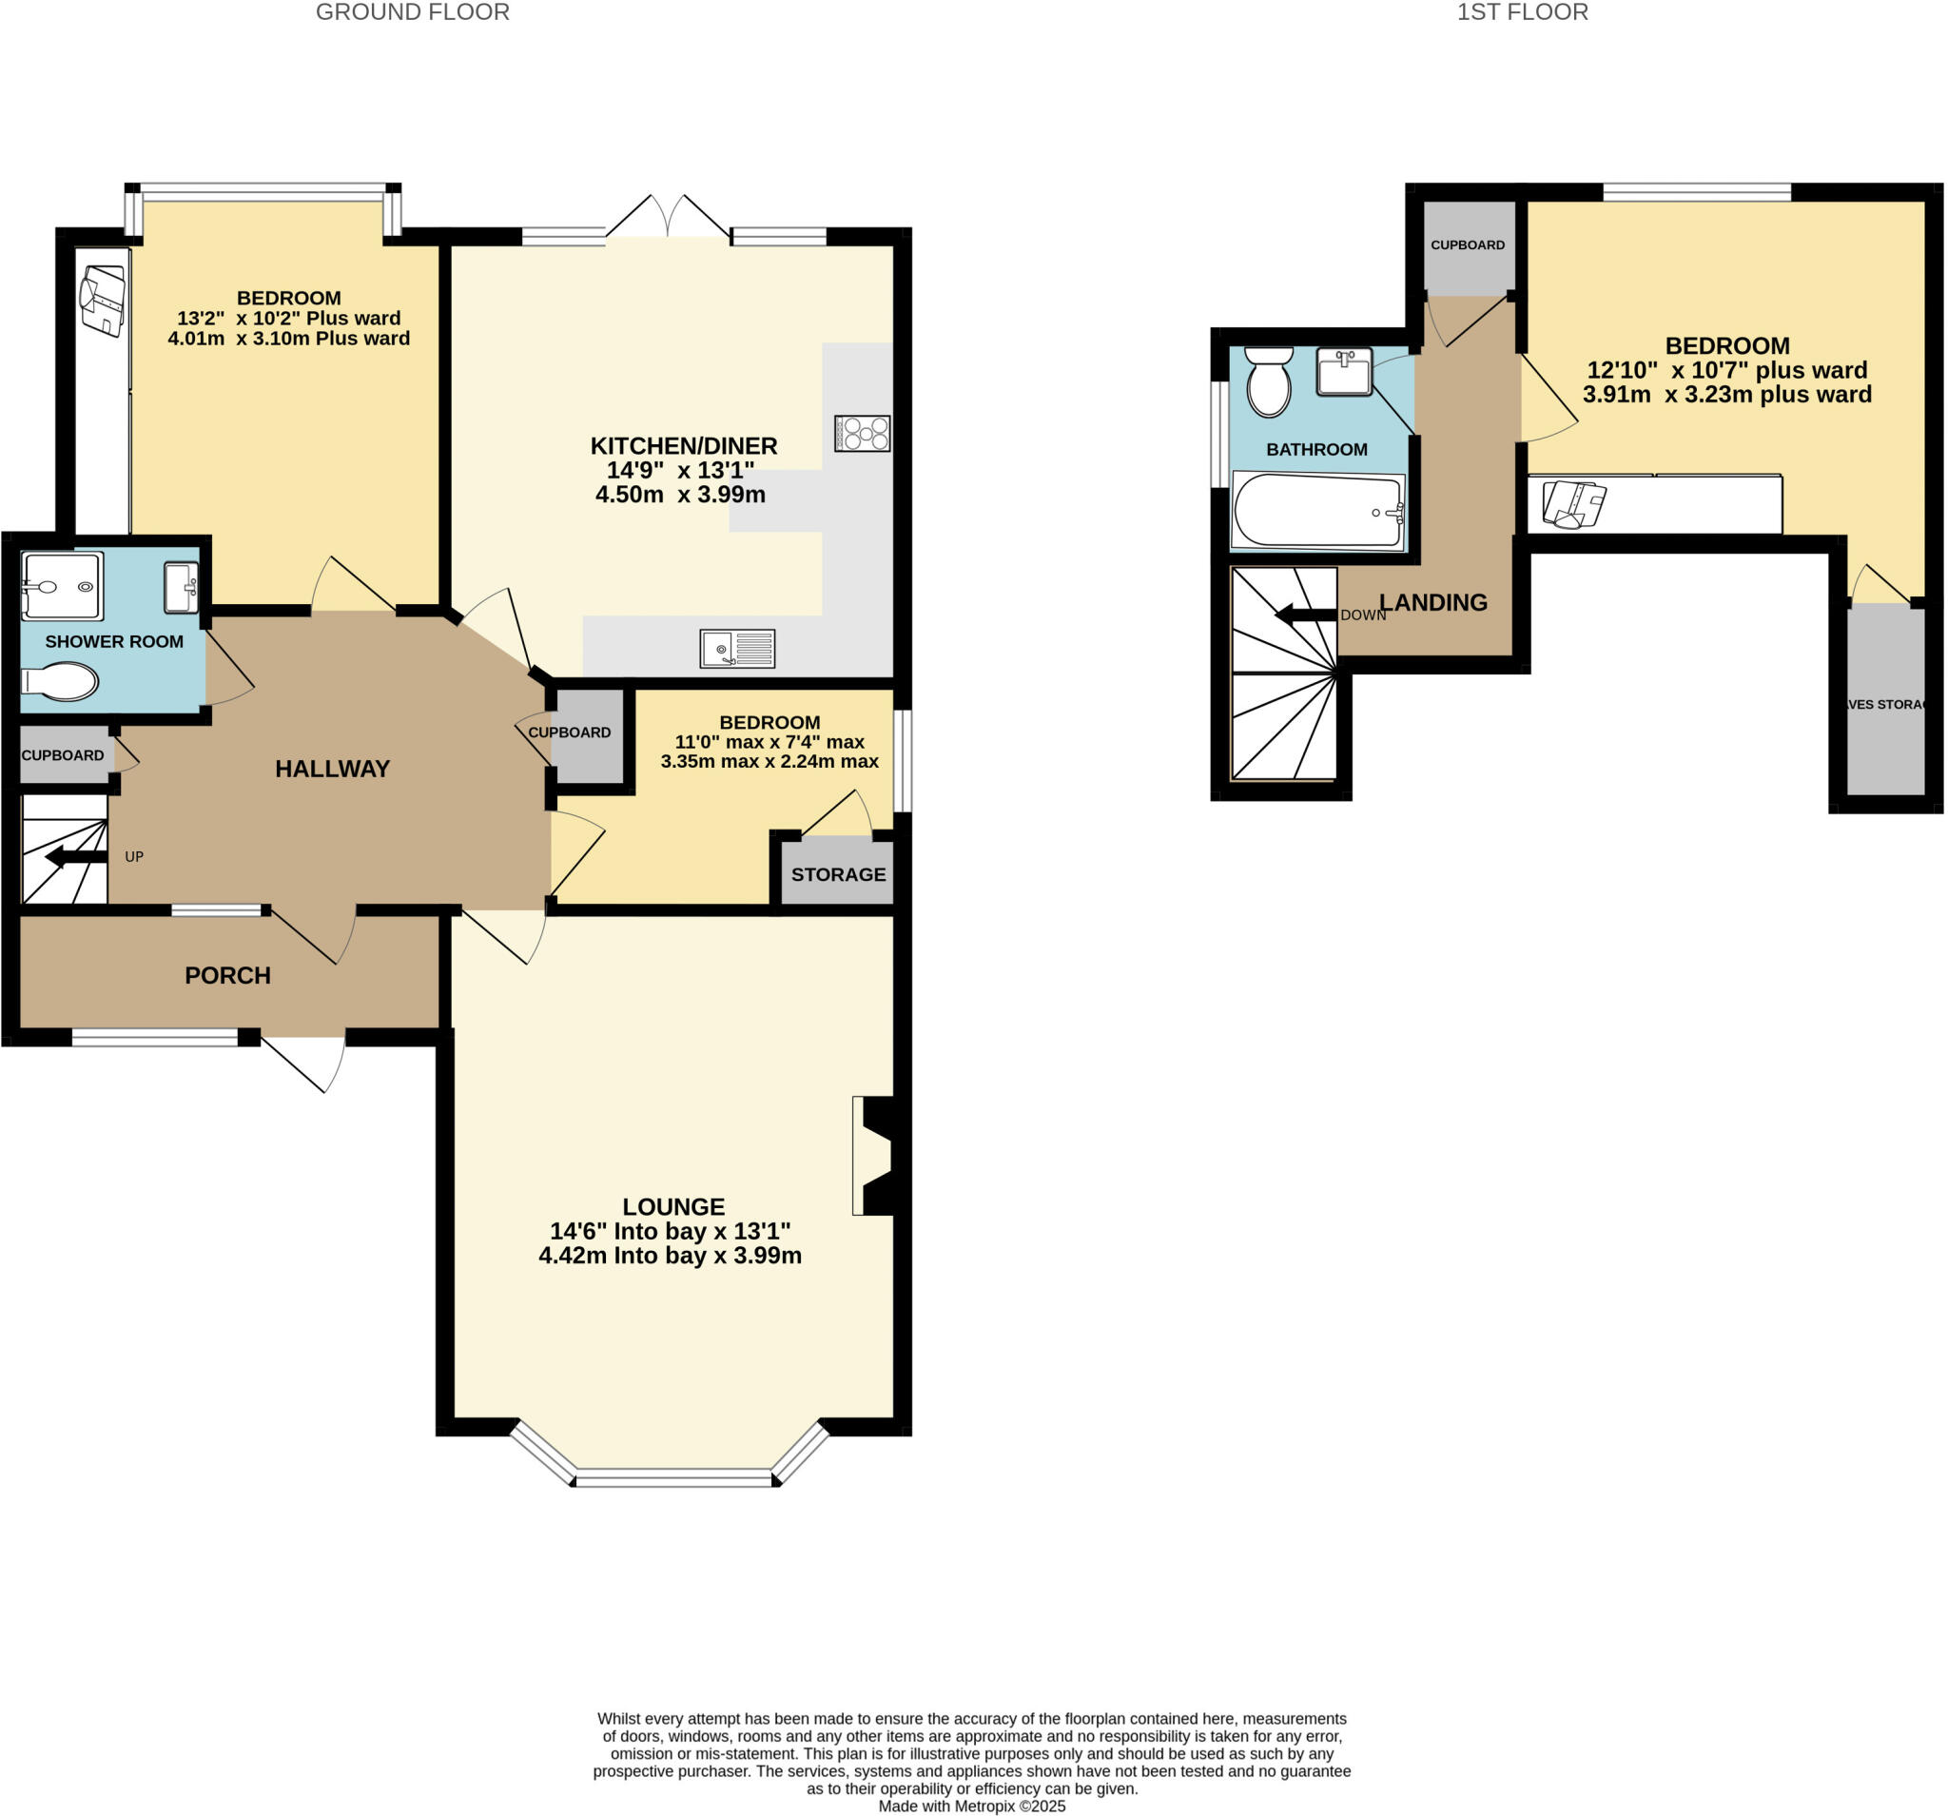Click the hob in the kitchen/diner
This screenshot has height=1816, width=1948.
862,433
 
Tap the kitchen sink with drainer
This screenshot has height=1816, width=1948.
737,649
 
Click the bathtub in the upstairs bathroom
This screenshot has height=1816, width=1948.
1317,511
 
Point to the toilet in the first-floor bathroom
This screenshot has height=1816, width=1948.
1269,382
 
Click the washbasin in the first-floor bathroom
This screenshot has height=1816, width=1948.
1343,371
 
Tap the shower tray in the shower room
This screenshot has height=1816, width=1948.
61,586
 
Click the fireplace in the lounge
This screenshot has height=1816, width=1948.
875,1156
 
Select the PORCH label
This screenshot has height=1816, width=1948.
227,975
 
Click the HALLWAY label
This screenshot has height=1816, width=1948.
332,769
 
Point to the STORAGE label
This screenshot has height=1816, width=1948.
838,874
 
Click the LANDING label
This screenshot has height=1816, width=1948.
1433,603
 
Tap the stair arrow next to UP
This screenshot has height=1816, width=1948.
75,857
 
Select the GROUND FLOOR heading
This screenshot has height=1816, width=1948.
413,12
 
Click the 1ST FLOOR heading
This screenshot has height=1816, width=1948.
1522,12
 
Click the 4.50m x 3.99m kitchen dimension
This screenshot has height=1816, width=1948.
680,494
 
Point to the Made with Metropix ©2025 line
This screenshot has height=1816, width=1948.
971,1806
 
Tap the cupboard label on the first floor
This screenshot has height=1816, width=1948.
1467,245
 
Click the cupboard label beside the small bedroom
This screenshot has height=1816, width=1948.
570,732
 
